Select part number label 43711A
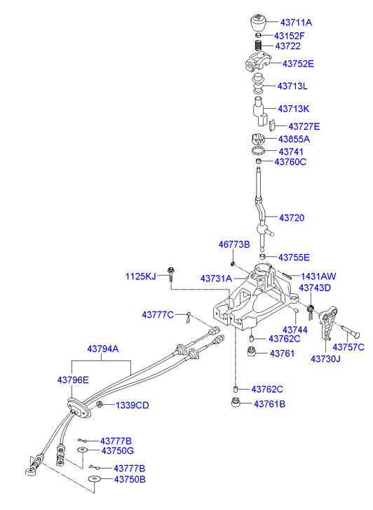(296, 22)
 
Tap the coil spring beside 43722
(258, 45)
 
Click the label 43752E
(298, 64)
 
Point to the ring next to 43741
(258, 151)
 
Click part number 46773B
(234, 245)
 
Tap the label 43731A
(216, 279)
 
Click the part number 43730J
(325, 358)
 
